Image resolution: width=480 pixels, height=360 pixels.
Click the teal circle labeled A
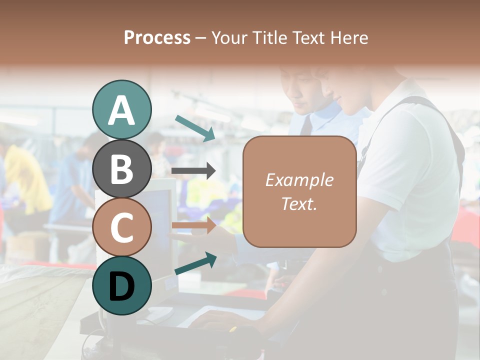[x=121, y=109]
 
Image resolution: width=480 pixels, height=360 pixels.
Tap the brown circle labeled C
[x=121, y=227]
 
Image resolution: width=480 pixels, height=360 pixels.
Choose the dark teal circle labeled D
[x=121, y=285]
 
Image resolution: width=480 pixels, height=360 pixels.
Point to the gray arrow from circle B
[x=193, y=171]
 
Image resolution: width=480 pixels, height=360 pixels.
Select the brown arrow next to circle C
[x=193, y=225]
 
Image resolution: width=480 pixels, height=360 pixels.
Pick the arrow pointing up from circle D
[x=195, y=263]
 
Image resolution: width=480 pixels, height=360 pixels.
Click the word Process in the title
[x=157, y=37]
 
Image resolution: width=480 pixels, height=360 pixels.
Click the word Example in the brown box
[x=299, y=180]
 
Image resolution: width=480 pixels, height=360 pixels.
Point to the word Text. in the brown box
[x=299, y=203]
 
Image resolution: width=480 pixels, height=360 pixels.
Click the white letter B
[x=121, y=168]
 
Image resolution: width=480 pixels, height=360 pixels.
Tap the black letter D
[x=121, y=286]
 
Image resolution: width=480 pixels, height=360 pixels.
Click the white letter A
[x=121, y=110]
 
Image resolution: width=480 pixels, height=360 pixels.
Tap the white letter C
[x=121, y=227]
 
